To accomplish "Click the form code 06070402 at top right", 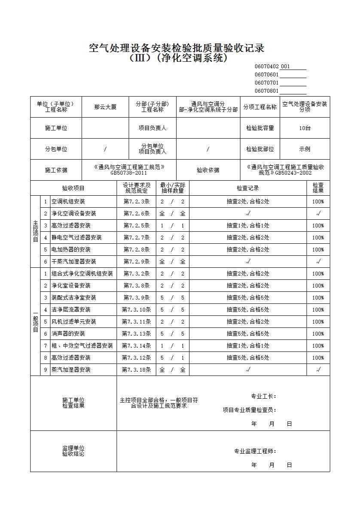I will coord(266,67).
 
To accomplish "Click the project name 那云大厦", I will coord(105,107).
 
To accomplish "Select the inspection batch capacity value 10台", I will coord(305,128).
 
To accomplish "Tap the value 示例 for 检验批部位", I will coord(305,149).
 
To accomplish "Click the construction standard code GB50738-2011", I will coord(129,173).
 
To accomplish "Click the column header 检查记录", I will coord(248,188).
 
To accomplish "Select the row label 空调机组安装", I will coord(68,201).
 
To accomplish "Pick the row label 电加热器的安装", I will coord(71,249).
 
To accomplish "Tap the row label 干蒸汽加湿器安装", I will coord(74,261).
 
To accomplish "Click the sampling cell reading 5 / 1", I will coord(172,358).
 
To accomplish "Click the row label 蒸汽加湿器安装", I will coord(71,370).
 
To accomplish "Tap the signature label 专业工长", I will coord(263,396).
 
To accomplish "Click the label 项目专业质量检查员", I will coord(249,410).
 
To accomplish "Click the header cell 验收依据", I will coord(208,170).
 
